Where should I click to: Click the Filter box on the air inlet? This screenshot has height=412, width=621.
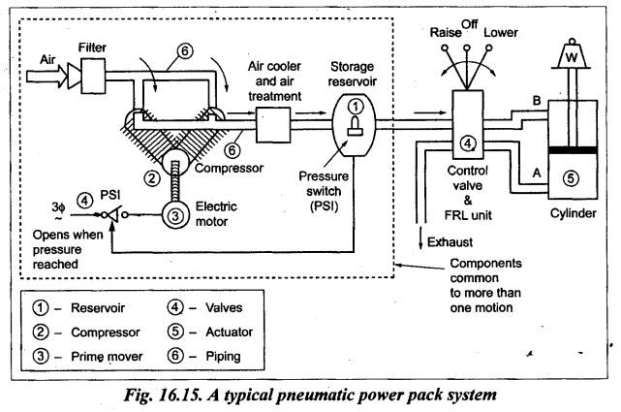tap(93, 72)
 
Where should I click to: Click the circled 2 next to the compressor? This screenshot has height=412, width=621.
tap(151, 176)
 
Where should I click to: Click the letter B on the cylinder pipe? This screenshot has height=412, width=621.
tap(536, 98)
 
